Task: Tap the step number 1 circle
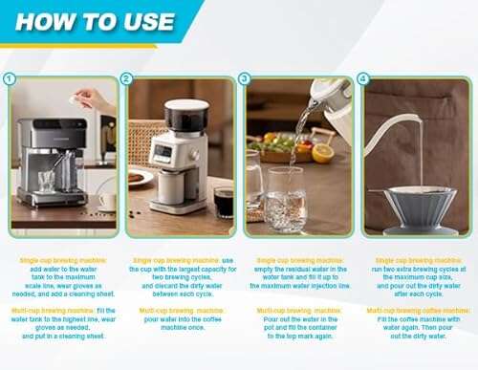(11, 79)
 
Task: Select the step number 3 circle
(245, 79)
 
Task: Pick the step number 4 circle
(362, 79)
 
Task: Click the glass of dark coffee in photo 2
(223, 202)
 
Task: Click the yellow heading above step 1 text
(62, 260)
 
